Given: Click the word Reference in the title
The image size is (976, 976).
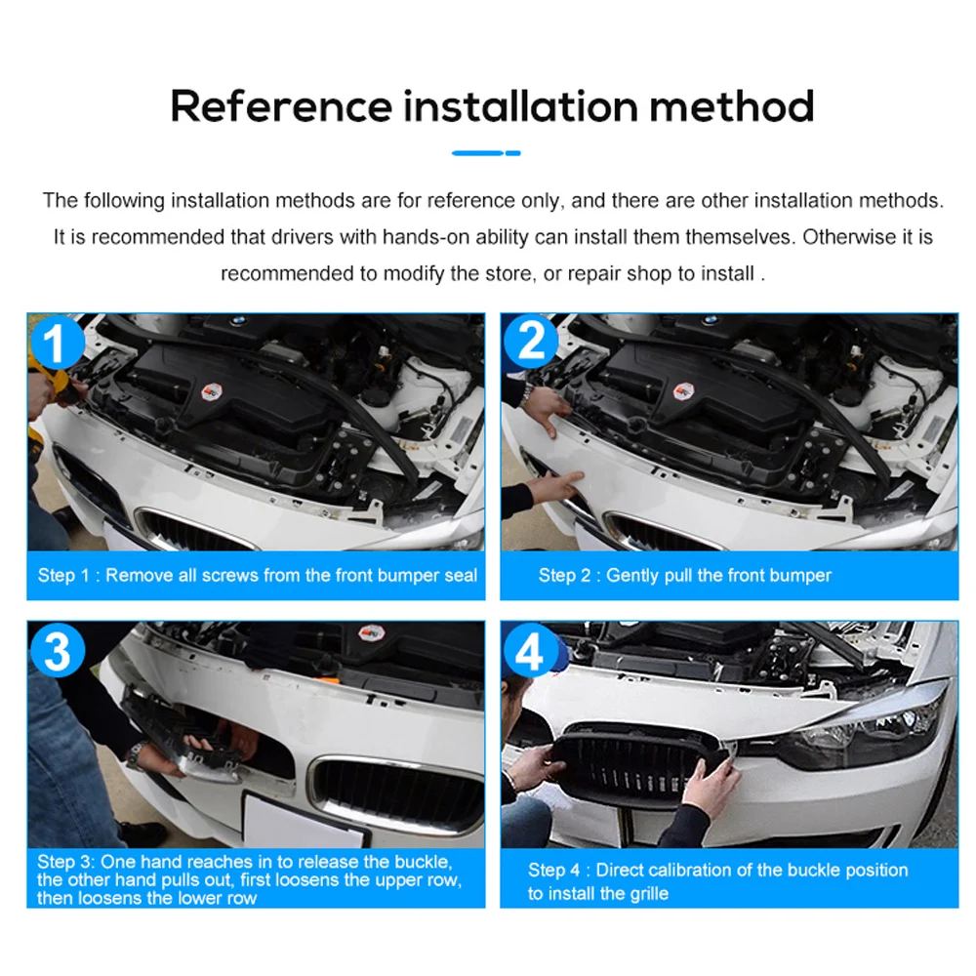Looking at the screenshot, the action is (281, 105).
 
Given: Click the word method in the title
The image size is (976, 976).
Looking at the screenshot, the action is (732, 105).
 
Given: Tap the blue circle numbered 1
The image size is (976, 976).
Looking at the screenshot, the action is (57, 342).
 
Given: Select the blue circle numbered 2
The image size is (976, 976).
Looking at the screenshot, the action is (531, 341).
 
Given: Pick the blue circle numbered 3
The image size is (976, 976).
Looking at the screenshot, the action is (58, 650).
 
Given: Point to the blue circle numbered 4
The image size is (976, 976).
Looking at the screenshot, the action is (530, 650).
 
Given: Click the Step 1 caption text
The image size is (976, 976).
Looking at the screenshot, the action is (257, 575).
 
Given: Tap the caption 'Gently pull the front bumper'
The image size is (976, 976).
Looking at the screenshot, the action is (718, 575).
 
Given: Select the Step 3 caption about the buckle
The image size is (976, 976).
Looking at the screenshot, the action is (249, 879).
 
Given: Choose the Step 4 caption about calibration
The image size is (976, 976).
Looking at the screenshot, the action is (717, 881).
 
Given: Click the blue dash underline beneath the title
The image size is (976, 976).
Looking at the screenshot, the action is (486, 153).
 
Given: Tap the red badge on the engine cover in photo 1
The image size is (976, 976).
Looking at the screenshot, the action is (212, 392).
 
